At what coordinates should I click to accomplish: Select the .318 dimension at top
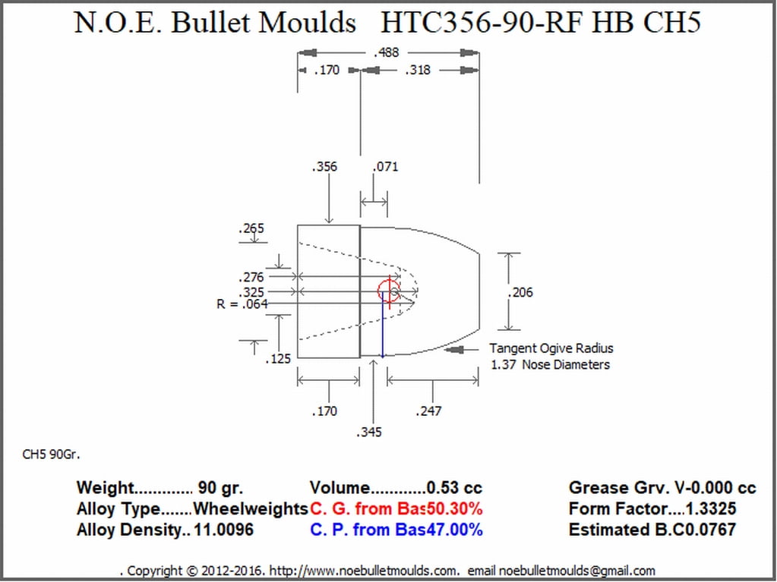419,71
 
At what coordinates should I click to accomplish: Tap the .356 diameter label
324,167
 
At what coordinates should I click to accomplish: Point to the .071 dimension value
386,167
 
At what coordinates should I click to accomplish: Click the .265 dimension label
251,228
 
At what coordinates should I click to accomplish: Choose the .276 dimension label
251,278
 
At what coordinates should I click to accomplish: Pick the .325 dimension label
251,292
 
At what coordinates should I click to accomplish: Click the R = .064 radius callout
242,304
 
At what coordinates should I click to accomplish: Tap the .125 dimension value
278,359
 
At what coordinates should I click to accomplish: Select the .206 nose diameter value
521,292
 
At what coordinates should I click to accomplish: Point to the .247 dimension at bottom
428,411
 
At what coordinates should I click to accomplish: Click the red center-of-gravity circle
389,291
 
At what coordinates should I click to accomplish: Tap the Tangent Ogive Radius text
551,349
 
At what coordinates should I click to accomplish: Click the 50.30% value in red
454,509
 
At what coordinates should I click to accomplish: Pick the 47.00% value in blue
454,530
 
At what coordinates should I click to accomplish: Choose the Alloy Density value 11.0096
224,530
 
